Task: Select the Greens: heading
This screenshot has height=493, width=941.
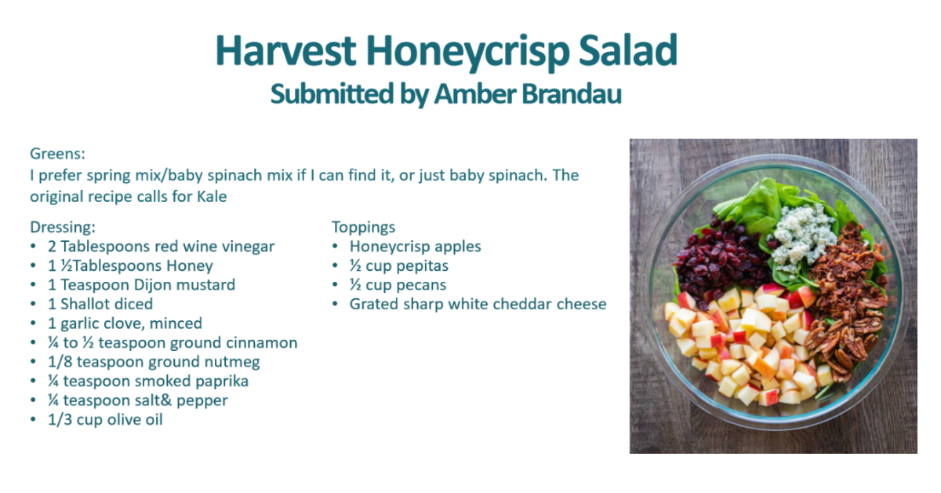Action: click(x=57, y=154)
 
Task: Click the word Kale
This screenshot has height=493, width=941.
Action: click(x=212, y=196)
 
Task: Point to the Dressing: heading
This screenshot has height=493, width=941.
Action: click(x=63, y=228)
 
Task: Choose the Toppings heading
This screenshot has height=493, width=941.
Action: click(x=363, y=228)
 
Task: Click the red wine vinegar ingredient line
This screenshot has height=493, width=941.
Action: click(x=161, y=246)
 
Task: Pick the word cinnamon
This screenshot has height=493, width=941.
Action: click(x=261, y=343)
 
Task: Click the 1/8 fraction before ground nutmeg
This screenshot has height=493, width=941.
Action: click(x=60, y=362)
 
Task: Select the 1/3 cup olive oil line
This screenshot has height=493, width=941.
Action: click(x=105, y=420)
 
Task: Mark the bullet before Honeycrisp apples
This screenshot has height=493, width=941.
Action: click(x=335, y=246)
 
